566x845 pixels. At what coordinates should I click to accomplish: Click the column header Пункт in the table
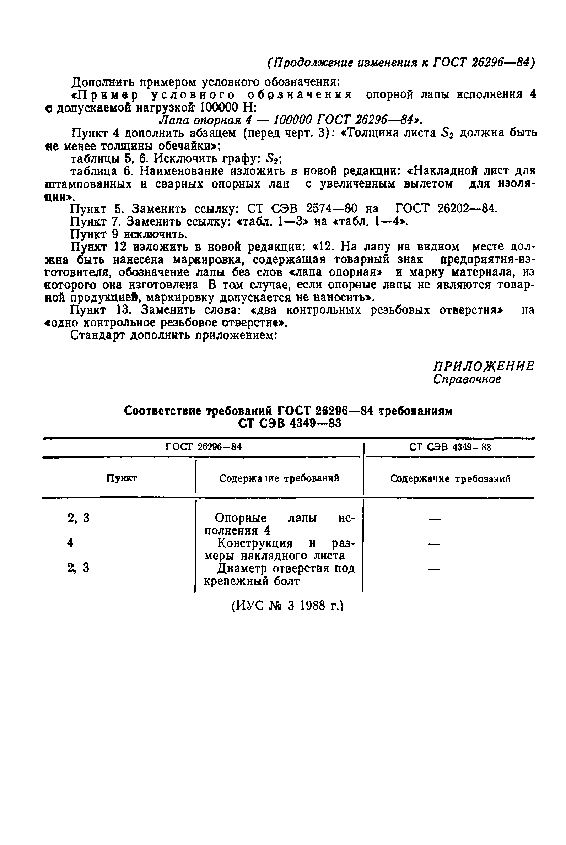pyautogui.click(x=121, y=478)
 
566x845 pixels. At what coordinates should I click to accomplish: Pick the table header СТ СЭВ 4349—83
pyautogui.click(x=450, y=448)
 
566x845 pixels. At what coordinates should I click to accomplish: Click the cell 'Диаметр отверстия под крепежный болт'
pyautogui.click(x=279, y=574)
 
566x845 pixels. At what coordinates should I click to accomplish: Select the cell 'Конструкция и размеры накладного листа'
pyautogui.click(x=279, y=549)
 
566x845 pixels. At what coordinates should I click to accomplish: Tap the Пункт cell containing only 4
pyautogui.click(x=70, y=543)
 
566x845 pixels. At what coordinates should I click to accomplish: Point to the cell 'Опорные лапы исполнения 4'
pyautogui.click(x=279, y=524)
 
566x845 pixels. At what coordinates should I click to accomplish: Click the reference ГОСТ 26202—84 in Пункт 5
pyautogui.click(x=446, y=208)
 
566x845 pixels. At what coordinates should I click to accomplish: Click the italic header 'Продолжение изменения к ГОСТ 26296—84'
pyautogui.click(x=401, y=63)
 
